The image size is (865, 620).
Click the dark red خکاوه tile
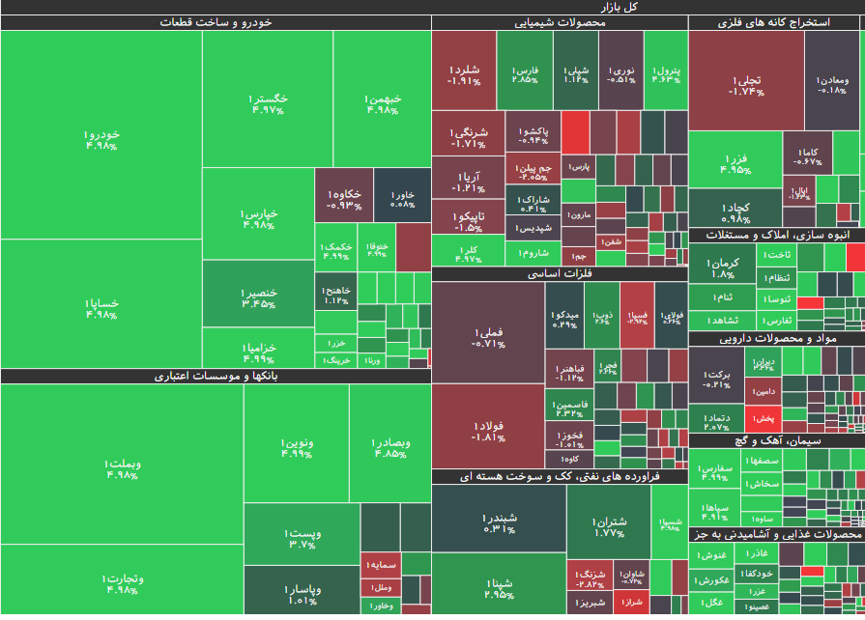pos(344,198)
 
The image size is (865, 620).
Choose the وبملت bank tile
pos(123,467)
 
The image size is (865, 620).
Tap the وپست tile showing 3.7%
pos(303,537)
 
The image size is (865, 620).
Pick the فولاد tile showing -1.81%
pos(488,429)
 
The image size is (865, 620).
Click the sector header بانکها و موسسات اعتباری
pos(216,377)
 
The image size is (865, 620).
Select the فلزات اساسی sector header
pos(560,274)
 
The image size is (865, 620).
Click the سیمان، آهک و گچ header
pos(777,439)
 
